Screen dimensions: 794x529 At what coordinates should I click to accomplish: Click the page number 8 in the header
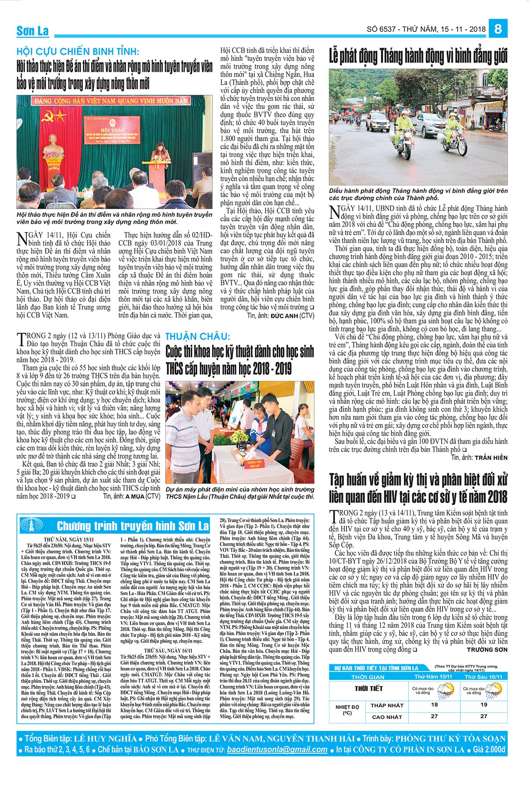498,29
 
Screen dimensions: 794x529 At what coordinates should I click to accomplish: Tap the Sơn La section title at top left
33,31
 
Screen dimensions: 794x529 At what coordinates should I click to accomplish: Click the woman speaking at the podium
155,157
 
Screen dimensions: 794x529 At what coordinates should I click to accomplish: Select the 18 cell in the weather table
434,704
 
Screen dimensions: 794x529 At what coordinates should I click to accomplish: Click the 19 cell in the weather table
484,704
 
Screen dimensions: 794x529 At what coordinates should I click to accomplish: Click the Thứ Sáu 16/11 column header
484,677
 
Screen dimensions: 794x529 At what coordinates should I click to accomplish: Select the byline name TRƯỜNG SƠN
487,650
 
